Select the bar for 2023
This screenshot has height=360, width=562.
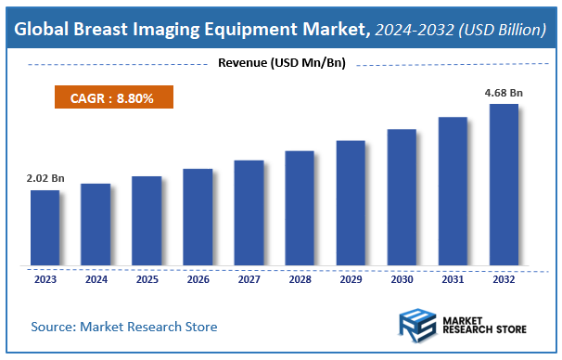45,227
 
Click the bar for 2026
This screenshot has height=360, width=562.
198,217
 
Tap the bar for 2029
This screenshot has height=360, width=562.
351,203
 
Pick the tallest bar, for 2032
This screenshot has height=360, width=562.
504,185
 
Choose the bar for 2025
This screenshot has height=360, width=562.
147,221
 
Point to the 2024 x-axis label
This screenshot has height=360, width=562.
96,277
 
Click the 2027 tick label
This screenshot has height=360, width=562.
249,277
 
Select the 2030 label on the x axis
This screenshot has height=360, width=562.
402,277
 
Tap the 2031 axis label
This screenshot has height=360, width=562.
453,277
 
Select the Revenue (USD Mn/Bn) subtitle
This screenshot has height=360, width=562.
280,63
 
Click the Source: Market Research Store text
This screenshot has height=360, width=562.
124,327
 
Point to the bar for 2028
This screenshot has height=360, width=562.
300,208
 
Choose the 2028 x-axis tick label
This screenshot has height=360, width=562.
300,277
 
